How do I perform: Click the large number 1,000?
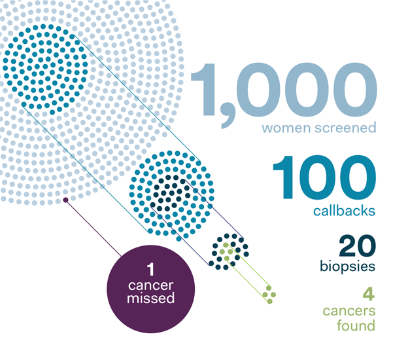click(x=284, y=94)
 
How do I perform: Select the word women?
click(x=286, y=128)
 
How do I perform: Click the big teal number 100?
click(x=324, y=177)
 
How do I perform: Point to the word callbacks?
click(x=344, y=211)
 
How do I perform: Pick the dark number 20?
click(x=357, y=245)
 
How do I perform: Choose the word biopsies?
click(x=348, y=266)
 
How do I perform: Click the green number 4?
click(x=369, y=294)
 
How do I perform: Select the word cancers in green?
click(x=349, y=311)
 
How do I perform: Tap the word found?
click(x=356, y=325)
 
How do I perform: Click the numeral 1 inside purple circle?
click(x=150, y=270)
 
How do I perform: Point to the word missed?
click(x=150, y=298)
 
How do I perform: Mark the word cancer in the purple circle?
click(x=150, y=285)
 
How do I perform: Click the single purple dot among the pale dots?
click(x=66, y=200)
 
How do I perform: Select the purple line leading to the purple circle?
click(x=93, y=228)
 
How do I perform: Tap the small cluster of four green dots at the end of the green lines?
click(x=269, y=295)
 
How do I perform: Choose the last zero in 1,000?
click(x=356, y=90)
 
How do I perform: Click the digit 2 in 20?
click(x=348, y=245)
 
